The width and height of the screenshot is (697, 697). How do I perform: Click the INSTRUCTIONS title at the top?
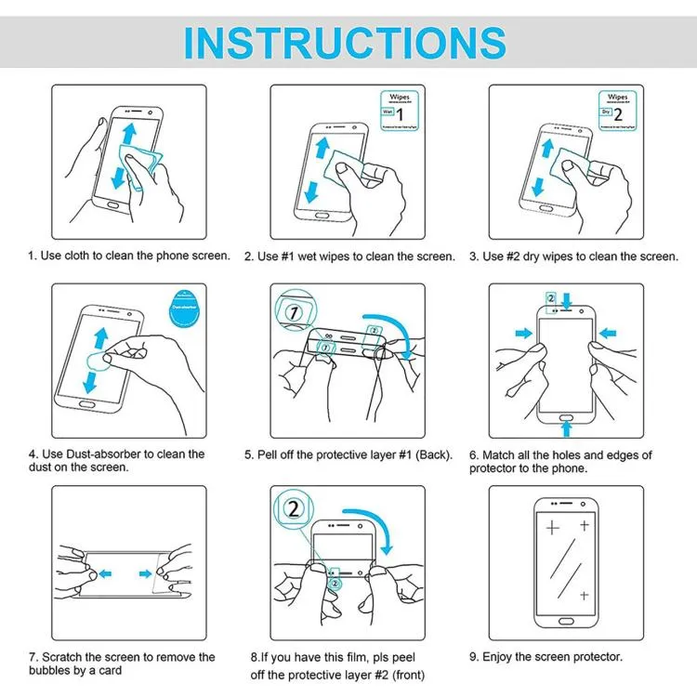point(345,41)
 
